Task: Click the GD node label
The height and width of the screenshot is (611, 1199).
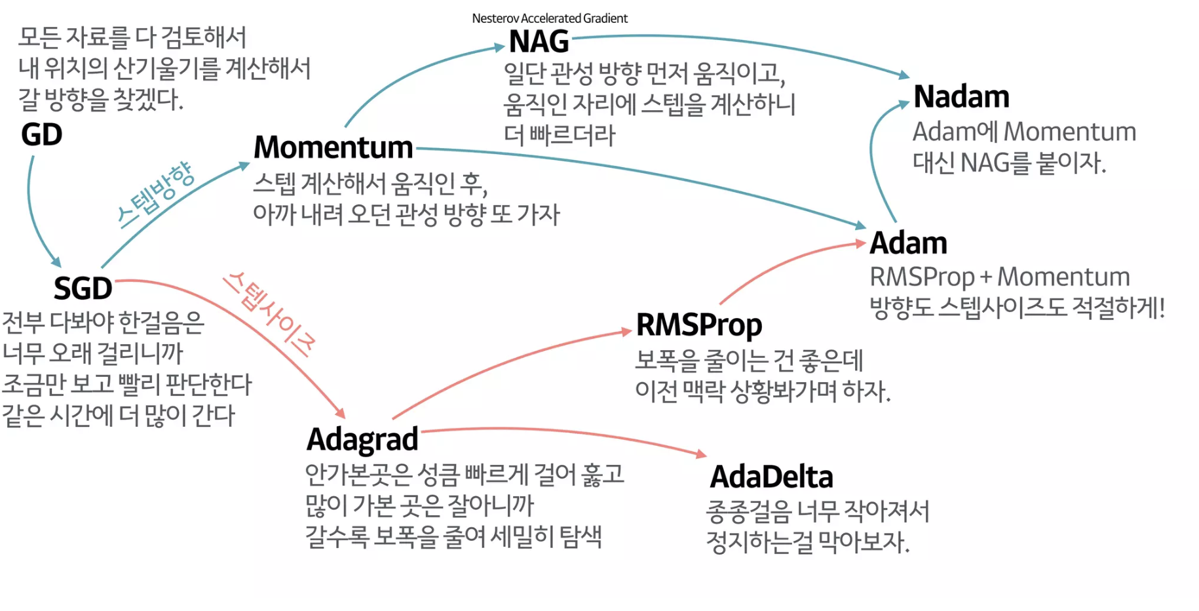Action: coord(41,134)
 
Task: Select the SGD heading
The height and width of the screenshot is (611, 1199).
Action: coord(83,288)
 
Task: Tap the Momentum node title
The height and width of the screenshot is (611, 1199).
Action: coord(333,148)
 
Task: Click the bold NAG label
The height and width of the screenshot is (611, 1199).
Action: coord(539,42)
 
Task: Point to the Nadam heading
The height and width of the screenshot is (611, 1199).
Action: coord(961,97)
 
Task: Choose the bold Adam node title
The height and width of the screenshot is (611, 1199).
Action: coord(908,243)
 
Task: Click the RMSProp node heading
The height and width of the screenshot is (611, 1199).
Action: coord(698,325)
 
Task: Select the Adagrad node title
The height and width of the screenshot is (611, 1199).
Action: coord(362,439)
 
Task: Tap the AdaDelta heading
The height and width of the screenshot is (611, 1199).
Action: coord(771,477)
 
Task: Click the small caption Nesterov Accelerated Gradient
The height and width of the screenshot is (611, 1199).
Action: coord(550,18)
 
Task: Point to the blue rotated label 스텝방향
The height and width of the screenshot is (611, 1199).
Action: coord(156,194)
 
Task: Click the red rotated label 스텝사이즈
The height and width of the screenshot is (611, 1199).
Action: coord(269,313)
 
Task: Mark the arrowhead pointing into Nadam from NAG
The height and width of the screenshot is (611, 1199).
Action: coord(904,75)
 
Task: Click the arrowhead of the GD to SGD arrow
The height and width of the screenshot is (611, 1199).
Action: coord(56,262)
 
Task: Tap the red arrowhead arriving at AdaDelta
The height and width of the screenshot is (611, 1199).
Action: coord(702,453)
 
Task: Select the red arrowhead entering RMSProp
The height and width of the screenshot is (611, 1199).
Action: coord(627,332)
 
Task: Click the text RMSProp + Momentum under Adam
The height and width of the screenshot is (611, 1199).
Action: coord(999,277)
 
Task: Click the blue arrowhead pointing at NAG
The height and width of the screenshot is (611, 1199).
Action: coord(500,47)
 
